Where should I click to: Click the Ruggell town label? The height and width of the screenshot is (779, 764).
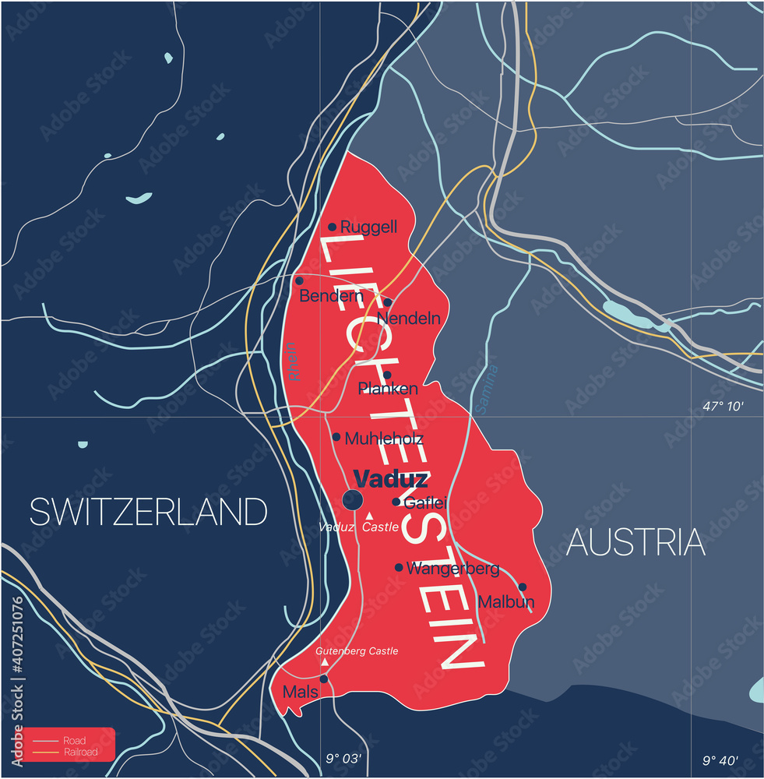(368, 227)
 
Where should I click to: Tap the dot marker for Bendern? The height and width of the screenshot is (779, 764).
(299, 280)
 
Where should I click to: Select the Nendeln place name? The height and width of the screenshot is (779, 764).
(408, 318)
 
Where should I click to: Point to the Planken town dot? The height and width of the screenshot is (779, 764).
(387, 375)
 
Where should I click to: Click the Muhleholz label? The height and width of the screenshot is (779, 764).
(383, 439)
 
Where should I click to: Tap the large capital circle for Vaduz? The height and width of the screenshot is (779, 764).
(353, 500)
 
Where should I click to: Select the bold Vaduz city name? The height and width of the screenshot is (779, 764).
(390, 478)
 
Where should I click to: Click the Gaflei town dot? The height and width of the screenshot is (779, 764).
(396, 502)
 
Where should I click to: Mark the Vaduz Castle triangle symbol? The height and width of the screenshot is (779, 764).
(370, 516)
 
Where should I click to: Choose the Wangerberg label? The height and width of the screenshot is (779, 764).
(452, 569)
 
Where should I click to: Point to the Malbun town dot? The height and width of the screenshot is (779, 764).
(522, 587)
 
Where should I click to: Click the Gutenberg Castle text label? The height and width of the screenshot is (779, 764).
(357, 650)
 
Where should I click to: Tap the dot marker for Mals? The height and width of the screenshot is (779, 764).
(324, 679)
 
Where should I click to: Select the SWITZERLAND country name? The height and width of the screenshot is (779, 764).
(149, 512)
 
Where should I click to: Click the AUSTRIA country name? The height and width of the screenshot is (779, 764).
(635, 542)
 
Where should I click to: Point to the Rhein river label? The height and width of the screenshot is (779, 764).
(293, 361)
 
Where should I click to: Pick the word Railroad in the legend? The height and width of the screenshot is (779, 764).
(82, 752)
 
